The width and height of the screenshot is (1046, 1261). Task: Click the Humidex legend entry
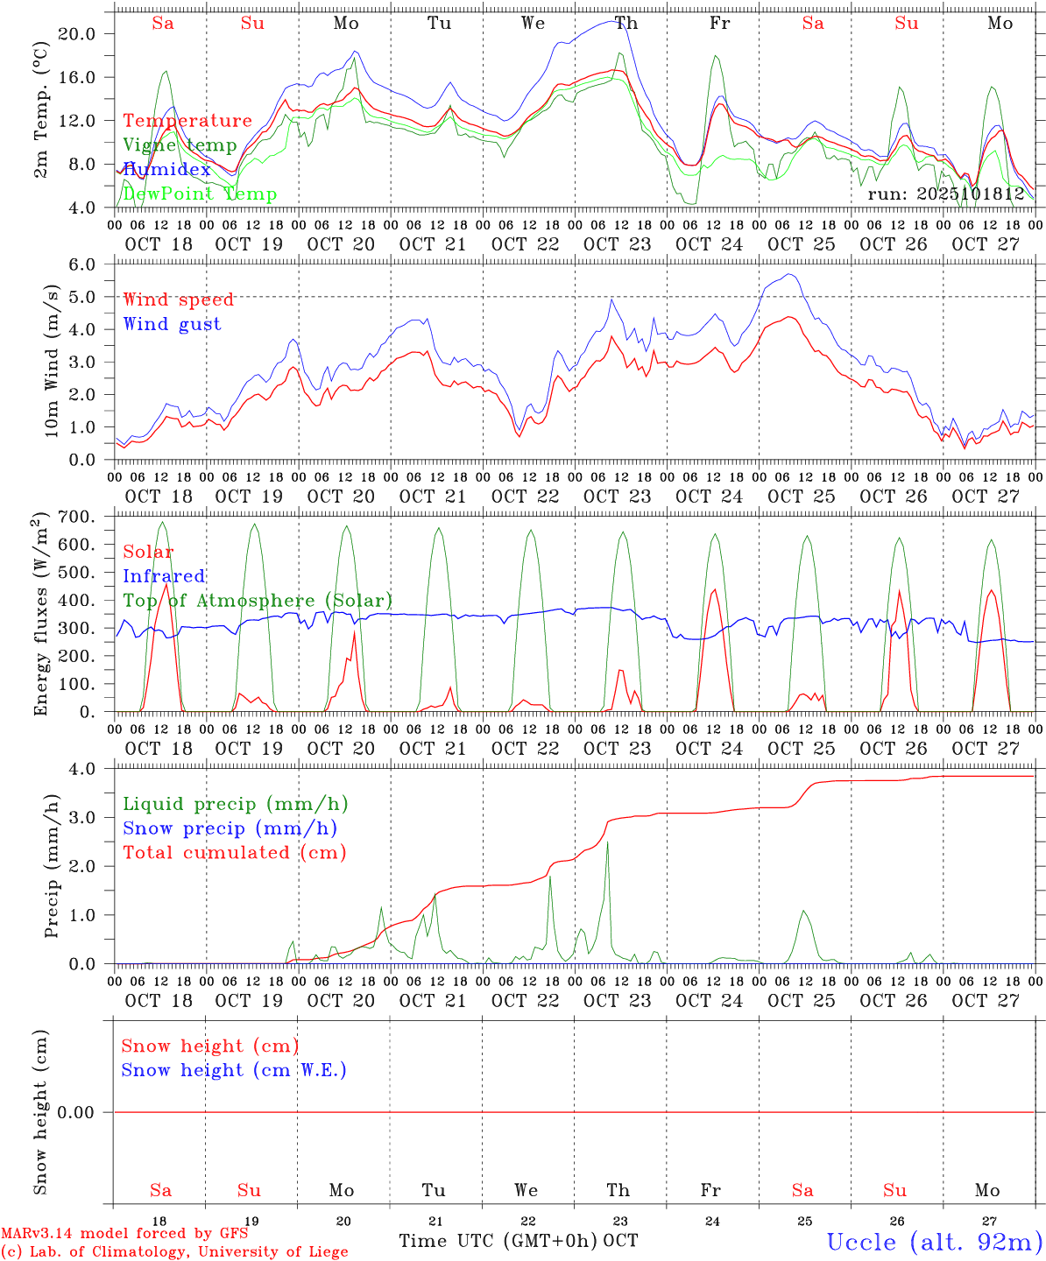click(166, 170)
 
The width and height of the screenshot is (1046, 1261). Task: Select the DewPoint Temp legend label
click(200, 194)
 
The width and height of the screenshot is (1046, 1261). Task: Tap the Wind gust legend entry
click(172, 324)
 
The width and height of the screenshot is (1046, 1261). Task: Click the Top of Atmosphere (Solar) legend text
click(258, 601)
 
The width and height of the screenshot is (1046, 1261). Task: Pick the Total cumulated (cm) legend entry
click(234, 852)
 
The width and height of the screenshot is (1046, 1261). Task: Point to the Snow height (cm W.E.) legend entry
click(234, 1070)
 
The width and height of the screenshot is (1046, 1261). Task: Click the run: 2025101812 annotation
click(945, 194)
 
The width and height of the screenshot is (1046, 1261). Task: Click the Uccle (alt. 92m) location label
click(934, 1242)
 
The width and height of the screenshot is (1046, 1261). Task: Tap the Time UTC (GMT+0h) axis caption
click(498, 1241)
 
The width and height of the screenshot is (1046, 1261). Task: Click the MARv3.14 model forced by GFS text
click(124, 1233)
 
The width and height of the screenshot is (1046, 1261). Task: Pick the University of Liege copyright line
click(174, 1251)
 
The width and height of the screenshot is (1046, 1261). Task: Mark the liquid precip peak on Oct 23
click(607, 842)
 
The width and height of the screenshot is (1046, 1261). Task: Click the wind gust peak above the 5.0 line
click(791, 275)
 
